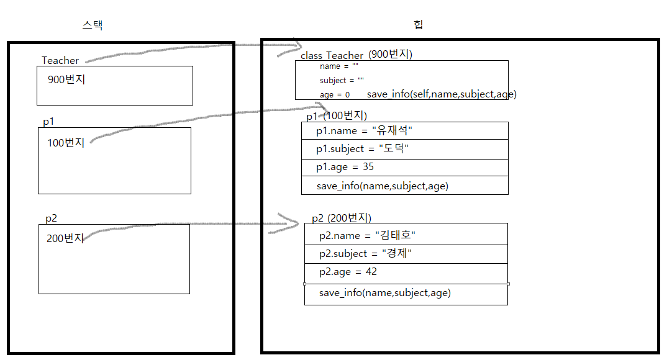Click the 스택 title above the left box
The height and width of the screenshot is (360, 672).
[92, 25]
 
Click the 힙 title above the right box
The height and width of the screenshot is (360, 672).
[419, 25]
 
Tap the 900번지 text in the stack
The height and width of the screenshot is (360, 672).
[66, 79]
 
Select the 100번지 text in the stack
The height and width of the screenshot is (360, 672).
[66, 143]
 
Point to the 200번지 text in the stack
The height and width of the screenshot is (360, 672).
[65, 238]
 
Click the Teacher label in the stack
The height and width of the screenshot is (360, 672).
[60, 60]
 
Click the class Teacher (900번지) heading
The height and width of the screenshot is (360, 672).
[356, 55]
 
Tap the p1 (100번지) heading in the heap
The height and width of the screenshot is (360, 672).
[337, 116]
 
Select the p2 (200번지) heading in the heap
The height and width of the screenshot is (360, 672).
[342, 218]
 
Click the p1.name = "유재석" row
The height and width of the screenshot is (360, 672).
[365, 131]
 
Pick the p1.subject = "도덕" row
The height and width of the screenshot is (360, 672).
[363, 149]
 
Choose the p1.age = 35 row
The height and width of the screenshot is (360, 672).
[345, 167]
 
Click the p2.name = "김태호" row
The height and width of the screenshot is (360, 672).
[367, 236]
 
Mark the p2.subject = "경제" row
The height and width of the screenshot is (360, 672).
[366, 254]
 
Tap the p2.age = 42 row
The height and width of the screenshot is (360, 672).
[348, 272]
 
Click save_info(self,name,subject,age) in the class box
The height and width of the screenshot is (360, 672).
[442, 94]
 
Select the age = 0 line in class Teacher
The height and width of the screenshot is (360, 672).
[335, 95]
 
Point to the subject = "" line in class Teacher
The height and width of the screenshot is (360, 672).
[342, 81]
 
